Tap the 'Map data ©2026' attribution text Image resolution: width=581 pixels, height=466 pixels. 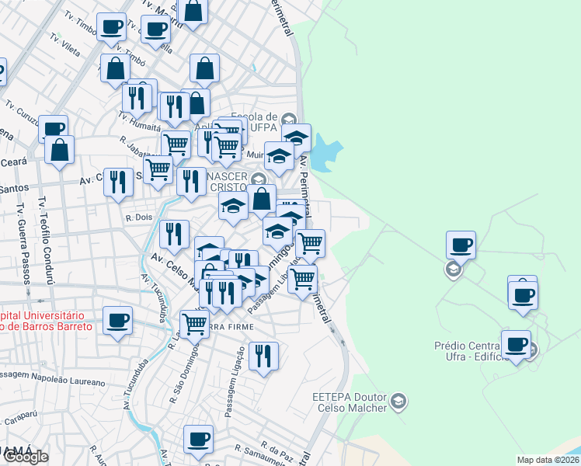point(548,460)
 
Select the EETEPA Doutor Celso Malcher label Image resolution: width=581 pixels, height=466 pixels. point(349,402)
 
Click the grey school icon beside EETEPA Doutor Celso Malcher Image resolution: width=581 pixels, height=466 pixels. point(398,402)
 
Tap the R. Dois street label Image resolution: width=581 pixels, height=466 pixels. point(137,218)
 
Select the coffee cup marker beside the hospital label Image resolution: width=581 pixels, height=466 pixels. point(117,320)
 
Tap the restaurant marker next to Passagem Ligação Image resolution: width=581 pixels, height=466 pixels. point(263,356)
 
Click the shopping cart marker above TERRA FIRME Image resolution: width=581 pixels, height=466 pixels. point(194,323)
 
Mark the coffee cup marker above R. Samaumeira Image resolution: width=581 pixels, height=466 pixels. point(198,439)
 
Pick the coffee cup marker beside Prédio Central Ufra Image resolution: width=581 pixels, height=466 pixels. point(516,344)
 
